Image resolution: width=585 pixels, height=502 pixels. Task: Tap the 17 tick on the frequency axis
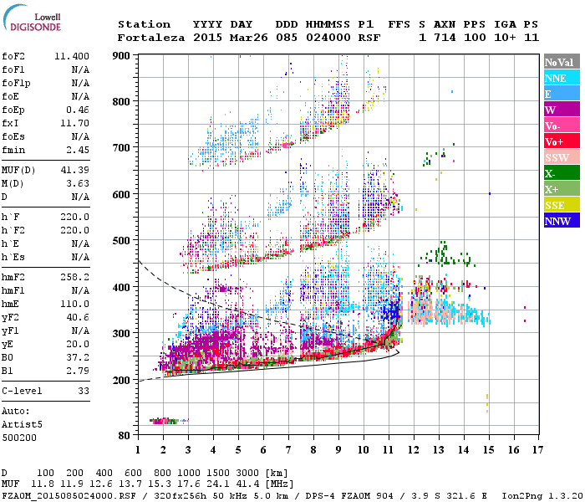536,449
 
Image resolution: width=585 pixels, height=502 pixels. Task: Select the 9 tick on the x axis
338,449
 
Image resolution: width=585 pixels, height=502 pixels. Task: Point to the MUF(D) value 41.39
75,170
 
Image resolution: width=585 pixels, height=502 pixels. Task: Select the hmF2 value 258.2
75,275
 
